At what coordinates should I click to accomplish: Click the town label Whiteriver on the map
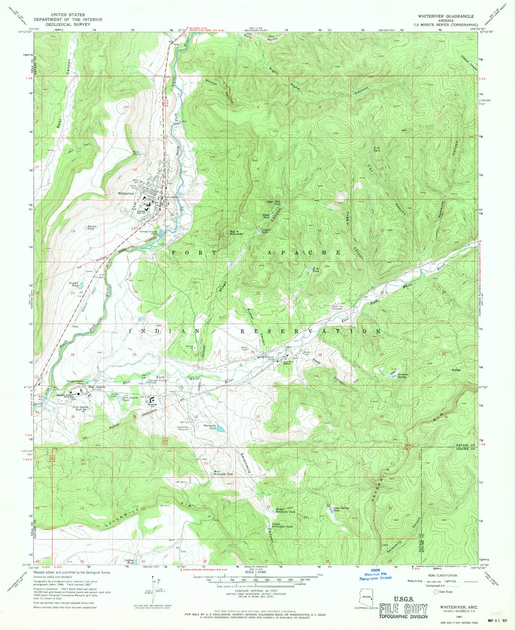pyautogui.click(x=126, y=193)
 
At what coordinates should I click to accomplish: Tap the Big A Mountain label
pyautogui.click(x=236, y=232)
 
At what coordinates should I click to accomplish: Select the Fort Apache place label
pyautogui.click(x=97, y=387)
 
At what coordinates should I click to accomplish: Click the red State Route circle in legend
pyautogui.click(x=436, y=592)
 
